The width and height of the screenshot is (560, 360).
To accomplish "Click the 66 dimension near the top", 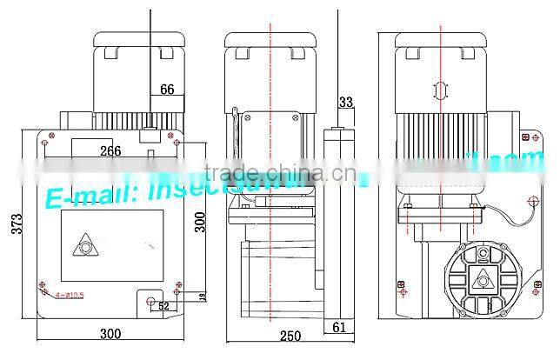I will [x=168, y=89].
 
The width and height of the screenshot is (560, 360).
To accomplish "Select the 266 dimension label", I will [x=110, y=150].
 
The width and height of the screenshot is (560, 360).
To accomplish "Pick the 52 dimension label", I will [x=164, y=305].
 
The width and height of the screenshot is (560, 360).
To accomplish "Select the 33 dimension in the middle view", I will [x=345, y=103].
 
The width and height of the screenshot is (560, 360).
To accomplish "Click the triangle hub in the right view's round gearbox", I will [x=483, y=279].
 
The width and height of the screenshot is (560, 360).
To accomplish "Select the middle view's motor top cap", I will [x=270, y=39].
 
